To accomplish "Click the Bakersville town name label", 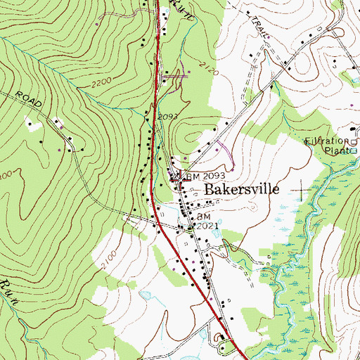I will (x=242, y=190).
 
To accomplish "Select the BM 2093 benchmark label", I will (x=205, y=175).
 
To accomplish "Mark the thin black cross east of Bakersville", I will (x=304, y=188).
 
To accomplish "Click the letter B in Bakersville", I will (x=210, y=190).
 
